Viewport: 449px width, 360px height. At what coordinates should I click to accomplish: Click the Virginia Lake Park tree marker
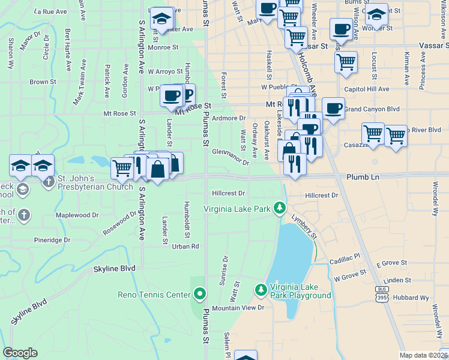pos(279,208)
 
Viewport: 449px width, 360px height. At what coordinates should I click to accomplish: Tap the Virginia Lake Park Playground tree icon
pos(261,290)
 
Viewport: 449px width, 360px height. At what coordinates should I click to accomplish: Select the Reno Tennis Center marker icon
pos(200,294)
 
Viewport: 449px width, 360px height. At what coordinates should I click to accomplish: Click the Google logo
pos(20,353)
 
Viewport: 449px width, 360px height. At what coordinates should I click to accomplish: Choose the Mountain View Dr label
pos(238,308)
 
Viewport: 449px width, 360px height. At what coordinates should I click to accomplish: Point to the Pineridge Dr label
pos(52,240)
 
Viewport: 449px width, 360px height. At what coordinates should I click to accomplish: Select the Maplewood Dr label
pos(77,215)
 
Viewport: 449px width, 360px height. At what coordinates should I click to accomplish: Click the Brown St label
pos(43,82)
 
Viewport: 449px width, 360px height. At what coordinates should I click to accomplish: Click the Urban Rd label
pos(185,246)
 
